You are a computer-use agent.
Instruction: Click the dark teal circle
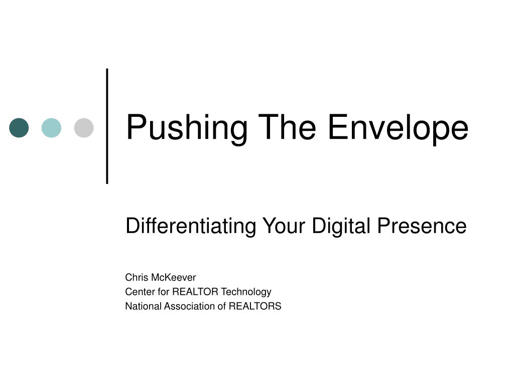pos(19,128)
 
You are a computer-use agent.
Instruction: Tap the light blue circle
pos(52,128)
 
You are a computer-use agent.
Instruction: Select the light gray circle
pos(84,128)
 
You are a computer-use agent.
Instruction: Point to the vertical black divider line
pos(107,126)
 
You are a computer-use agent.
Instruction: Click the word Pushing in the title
pos(187,128)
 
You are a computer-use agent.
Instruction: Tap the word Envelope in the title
pos(398,128)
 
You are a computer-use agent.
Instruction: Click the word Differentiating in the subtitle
pos(191,226)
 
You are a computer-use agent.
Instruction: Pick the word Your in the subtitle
pos(284,226)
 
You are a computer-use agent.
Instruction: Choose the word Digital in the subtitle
pos(341,226)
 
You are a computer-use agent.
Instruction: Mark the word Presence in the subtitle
pos(422,226)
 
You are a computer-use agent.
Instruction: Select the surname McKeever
pos(174,277)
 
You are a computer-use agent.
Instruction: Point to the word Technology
pos(246,292)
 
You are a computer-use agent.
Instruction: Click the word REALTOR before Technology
pos(195,292)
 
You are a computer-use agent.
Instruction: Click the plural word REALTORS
pos(255,306)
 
